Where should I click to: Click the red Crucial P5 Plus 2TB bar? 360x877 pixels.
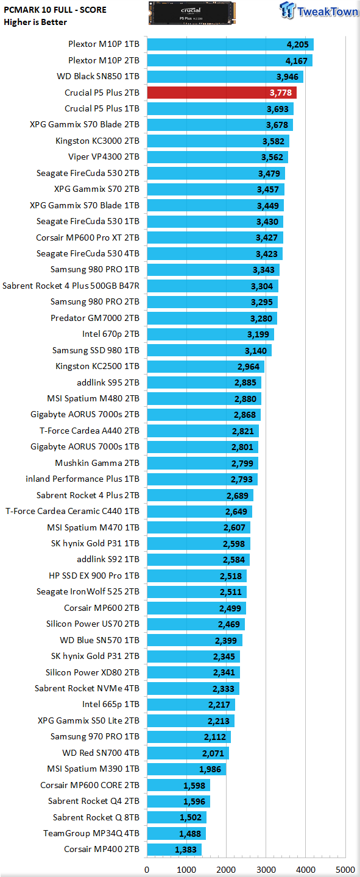[222, 93]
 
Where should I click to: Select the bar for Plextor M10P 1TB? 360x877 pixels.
[230, 44]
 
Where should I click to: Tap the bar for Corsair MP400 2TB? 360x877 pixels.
[174, 850]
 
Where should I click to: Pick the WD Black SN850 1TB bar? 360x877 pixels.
[225, 77]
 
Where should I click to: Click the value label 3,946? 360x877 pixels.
[287, 77]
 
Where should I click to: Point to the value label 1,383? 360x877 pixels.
[186, 850]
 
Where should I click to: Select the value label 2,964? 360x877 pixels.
[249, 367]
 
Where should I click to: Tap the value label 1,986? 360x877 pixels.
[210, 769]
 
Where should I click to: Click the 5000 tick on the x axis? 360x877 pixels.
[345, 870]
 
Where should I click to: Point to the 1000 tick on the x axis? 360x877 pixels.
[186, 870]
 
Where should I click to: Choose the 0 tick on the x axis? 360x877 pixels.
[147, 870]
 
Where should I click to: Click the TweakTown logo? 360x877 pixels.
[319, 10]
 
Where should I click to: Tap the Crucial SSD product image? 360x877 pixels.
[192, 13]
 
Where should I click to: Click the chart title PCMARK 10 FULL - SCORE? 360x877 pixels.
[55, 10]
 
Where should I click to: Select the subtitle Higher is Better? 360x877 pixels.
[35, 23]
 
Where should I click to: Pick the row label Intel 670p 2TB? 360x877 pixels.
[111, 334]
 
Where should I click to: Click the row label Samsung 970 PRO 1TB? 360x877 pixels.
[95, 736]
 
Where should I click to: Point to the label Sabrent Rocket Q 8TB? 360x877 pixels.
[96, 817]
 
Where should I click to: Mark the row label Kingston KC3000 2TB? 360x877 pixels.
[97, 141]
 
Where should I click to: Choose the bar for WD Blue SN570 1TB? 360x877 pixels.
[195, 641]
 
